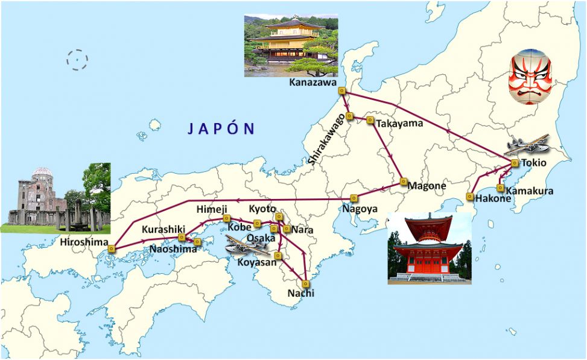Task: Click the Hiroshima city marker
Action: click(x=112, y=247)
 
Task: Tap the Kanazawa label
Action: click(x=313, y=83)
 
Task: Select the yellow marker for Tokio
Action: click(x=515, y=163)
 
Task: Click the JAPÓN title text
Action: click(x=221, y=128)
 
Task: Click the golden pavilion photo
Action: click(x=290, y=46)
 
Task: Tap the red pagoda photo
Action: click(x=429, y=247)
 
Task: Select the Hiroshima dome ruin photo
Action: click(x=59, y=198)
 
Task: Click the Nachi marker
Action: click(x=306, y=283)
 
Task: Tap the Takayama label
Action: click(x=399, y=124)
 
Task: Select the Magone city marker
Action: click(x=402, y=182)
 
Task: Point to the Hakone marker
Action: click(x=469, y=197)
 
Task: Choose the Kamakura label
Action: click(x=528, y=191)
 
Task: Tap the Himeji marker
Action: click(x=227, y=218)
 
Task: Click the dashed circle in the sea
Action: click(x=77, y=60)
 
